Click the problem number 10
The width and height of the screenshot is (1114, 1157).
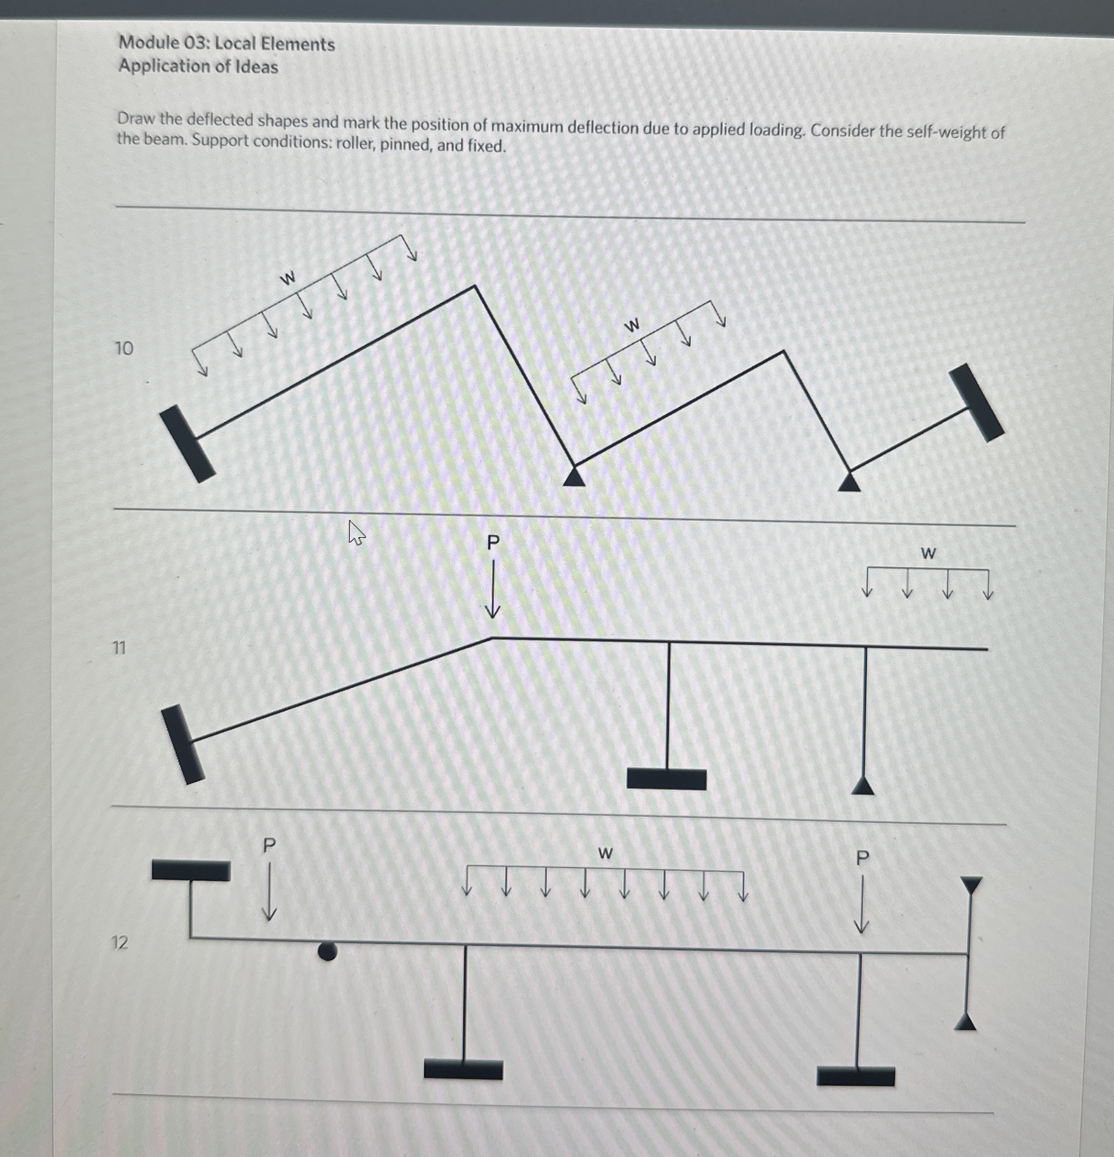(x=124, y=348)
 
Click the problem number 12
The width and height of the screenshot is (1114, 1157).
(x=119, y=943)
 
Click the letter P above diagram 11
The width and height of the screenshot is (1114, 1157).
(x=493, y=542)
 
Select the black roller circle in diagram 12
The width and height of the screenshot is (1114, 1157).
(x=327, y=951)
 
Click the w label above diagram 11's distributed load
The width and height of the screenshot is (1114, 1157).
(x=928, y=553)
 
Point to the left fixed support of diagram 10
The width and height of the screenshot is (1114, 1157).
(x=187, y=444)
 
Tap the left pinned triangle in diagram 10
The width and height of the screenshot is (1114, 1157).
(x=574, y=477)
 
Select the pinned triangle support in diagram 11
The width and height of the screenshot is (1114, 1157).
(x=863, y=786)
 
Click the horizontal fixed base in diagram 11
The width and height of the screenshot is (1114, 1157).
(x=666, y=779)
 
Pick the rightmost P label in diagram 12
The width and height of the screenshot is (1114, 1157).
(x=863, y=858)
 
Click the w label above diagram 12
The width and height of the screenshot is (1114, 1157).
(x=605, y=853)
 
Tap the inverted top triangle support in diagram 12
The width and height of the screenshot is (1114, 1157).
(x=971, y=884)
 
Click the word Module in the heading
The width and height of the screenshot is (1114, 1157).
(x=149, y=42)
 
